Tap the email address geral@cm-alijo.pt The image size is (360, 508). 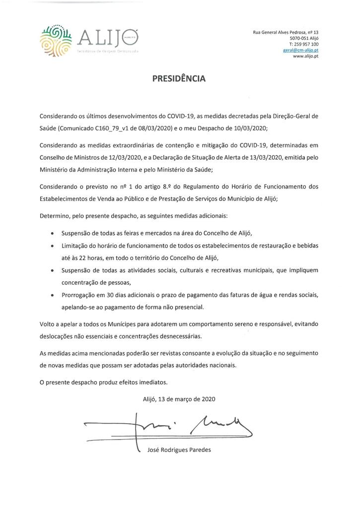(300, 51)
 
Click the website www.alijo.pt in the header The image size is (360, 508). (305, 57)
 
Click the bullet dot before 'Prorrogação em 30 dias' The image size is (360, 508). (53, 295)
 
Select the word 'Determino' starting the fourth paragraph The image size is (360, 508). (56, 216)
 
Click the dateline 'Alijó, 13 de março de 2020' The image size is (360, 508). (179, 398)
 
